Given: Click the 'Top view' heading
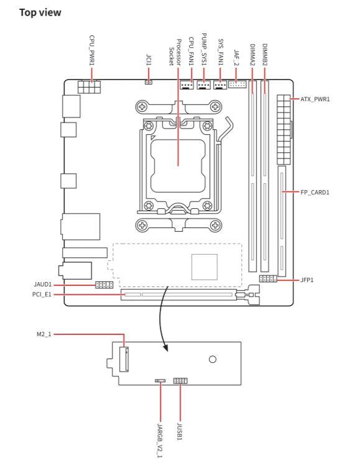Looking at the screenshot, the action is tap(40, 12).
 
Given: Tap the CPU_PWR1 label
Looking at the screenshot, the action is tap(92, 50).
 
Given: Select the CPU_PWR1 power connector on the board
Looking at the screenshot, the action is tap(89, 87).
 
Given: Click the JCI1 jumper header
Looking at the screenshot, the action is tap(149, 81).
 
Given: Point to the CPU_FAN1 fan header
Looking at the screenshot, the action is tap(187, 85).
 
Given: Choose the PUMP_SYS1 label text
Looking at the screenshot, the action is tap(204, 49).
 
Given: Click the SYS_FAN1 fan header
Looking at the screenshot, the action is tap(220, 85).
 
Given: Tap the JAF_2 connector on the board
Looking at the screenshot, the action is tap(238, 85).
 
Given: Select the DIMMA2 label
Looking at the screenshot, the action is tap(252, 55).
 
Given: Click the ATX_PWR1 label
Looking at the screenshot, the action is tap(315, 99).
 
